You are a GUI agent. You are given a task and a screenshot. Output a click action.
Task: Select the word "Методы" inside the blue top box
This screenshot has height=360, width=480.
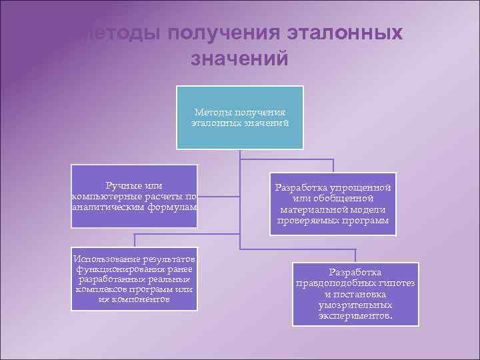point(212,112)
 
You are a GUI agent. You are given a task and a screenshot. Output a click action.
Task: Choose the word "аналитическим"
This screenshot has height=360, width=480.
point(103,207)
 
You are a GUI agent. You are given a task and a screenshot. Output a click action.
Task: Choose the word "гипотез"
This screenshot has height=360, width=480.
point(398,283)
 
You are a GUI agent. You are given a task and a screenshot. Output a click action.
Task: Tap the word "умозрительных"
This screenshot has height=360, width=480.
point(355,304)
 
